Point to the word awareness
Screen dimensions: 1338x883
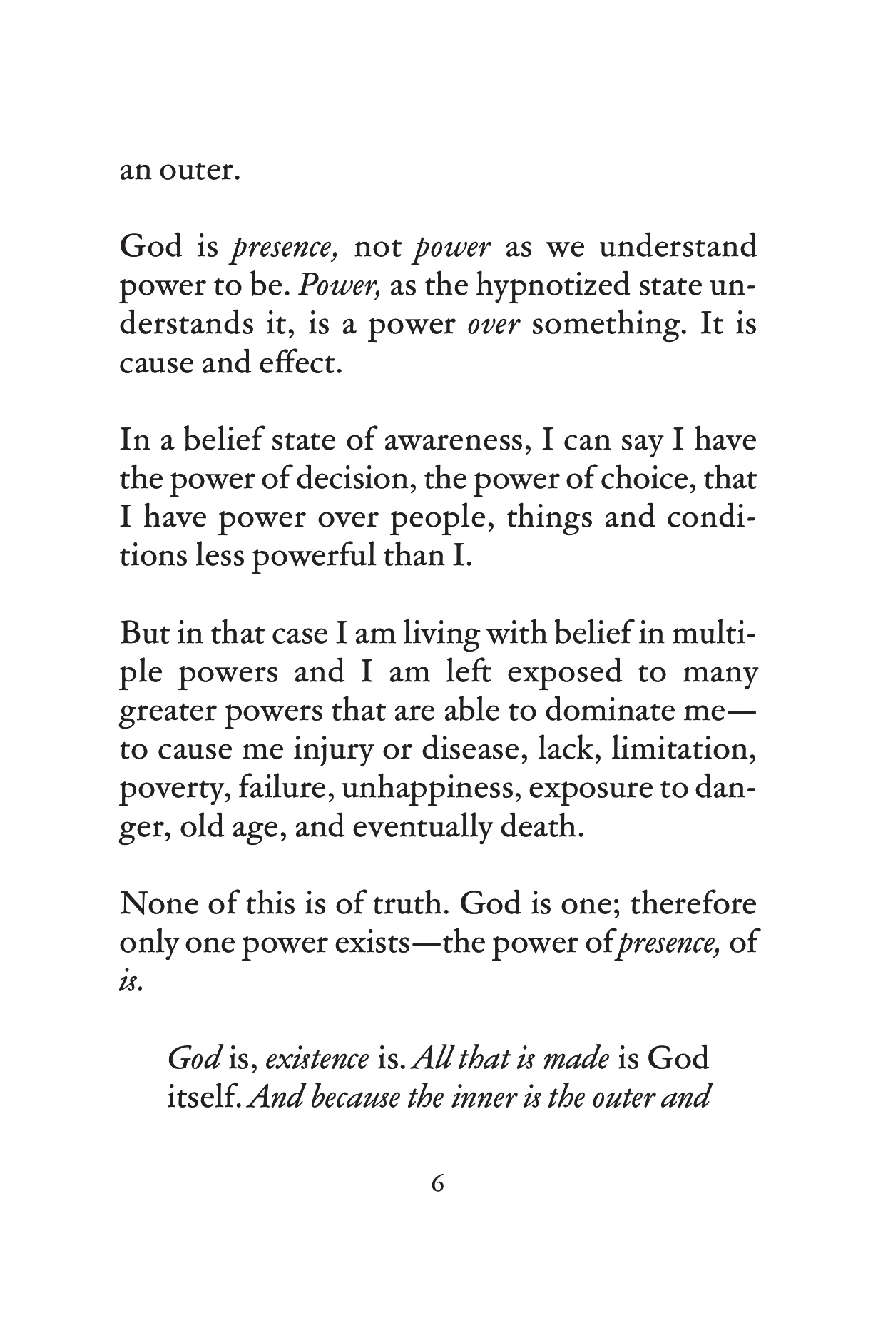pyautogui.click(x=455, y=440)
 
